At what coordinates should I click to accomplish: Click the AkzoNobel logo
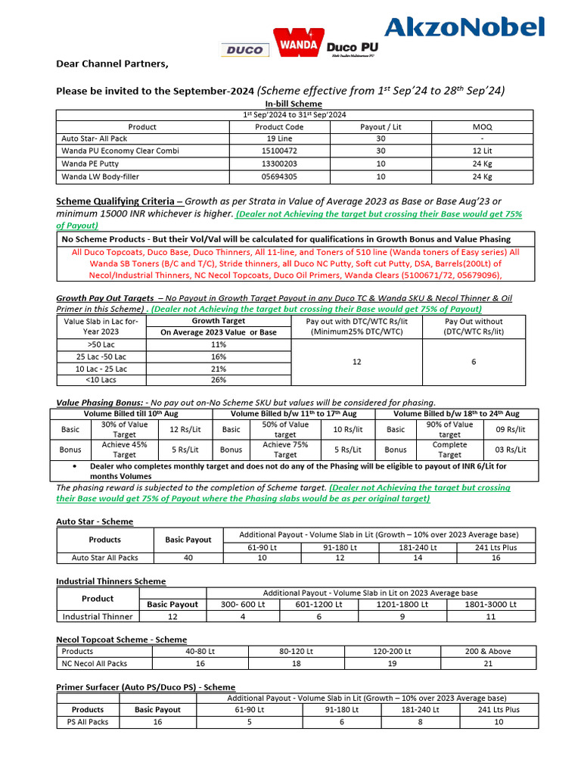464,27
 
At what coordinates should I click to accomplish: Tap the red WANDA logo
299,43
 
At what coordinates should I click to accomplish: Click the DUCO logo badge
244,50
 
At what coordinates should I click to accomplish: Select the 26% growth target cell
219,380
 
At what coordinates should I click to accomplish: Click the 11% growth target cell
219,344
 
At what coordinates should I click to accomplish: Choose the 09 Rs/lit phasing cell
510,430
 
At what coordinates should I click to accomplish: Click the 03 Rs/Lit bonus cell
510,450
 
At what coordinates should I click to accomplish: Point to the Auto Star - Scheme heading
95,521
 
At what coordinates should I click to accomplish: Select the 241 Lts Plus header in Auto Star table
496,547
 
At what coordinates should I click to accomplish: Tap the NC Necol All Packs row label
95,663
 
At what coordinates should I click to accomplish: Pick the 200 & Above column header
488,651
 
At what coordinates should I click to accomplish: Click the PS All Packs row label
88,722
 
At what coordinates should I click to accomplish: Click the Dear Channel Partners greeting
112,64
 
